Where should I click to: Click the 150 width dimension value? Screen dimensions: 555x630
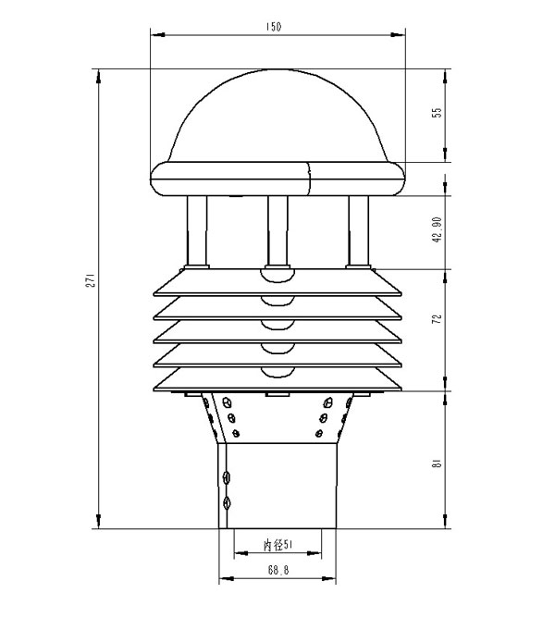tap(274, 27)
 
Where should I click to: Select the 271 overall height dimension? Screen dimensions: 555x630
tap(91, 280)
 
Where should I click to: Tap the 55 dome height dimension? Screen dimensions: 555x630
tap(437, 112)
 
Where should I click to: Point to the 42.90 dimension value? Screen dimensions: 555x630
tap(437, 229)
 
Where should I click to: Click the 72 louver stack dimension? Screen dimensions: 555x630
tap(437, 319)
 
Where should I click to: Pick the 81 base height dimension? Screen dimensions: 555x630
tap(437, 463)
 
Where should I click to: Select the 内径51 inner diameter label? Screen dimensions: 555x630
tap(277, 545)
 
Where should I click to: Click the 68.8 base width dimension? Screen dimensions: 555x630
tap(278, 570)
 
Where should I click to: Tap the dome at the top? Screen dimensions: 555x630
tap(278, 116)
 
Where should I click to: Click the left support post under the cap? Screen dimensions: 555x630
tap(197, 231)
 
